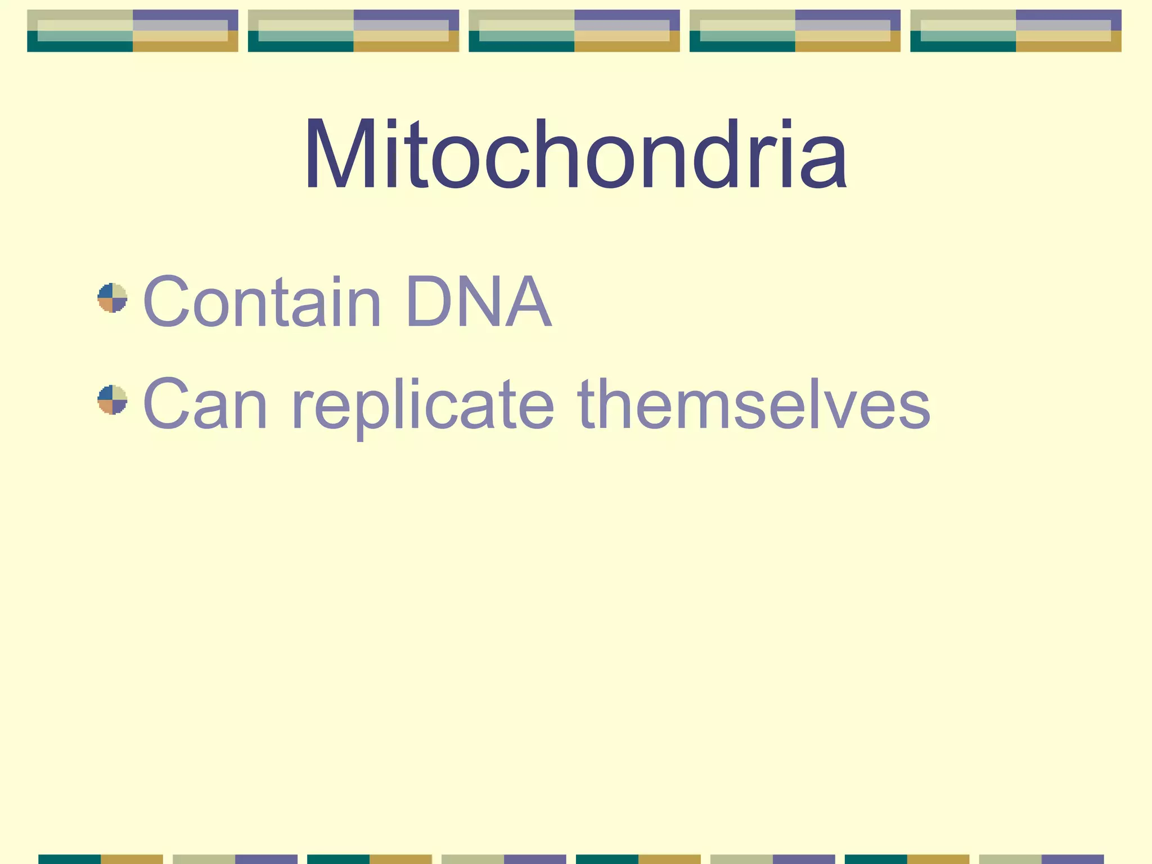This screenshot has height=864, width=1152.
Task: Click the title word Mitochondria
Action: click(575, 154)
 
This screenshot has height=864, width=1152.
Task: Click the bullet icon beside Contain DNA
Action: click(112, 298)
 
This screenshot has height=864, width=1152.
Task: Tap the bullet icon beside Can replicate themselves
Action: click(112, 400)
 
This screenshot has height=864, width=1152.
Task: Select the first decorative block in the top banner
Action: click(133, 31)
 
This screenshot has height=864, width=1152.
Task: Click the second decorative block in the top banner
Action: click(353, 31)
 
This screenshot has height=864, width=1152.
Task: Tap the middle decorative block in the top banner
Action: click(574, 31)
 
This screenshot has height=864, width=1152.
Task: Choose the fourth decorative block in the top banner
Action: click(795, 31)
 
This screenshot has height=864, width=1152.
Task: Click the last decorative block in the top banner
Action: click(1016, 31)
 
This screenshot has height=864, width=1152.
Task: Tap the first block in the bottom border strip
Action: click(101, 859)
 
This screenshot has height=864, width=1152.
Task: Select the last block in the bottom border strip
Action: click(1041, 859)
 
